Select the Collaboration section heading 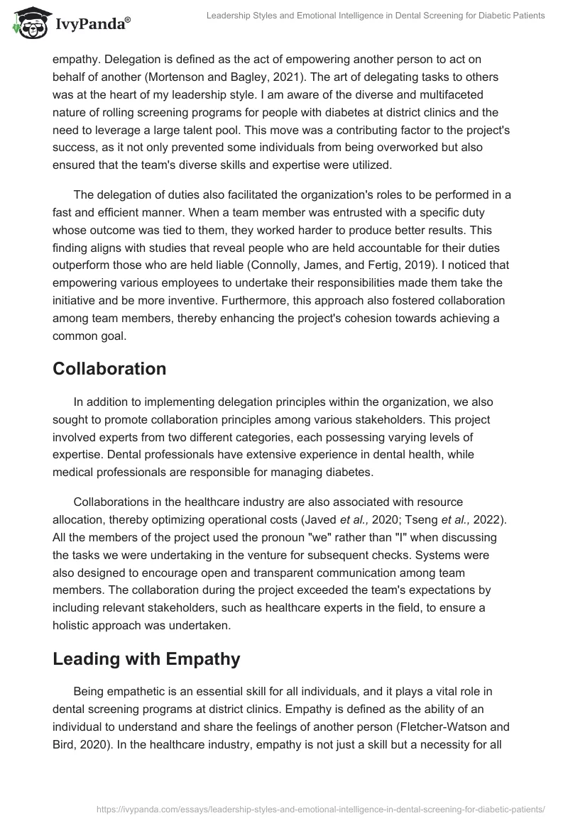pyautogui.click(x=109, y=369)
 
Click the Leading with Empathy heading pyautogui.click(x=146, y=659)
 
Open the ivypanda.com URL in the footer pyautogui.click(x=319, y=808)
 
